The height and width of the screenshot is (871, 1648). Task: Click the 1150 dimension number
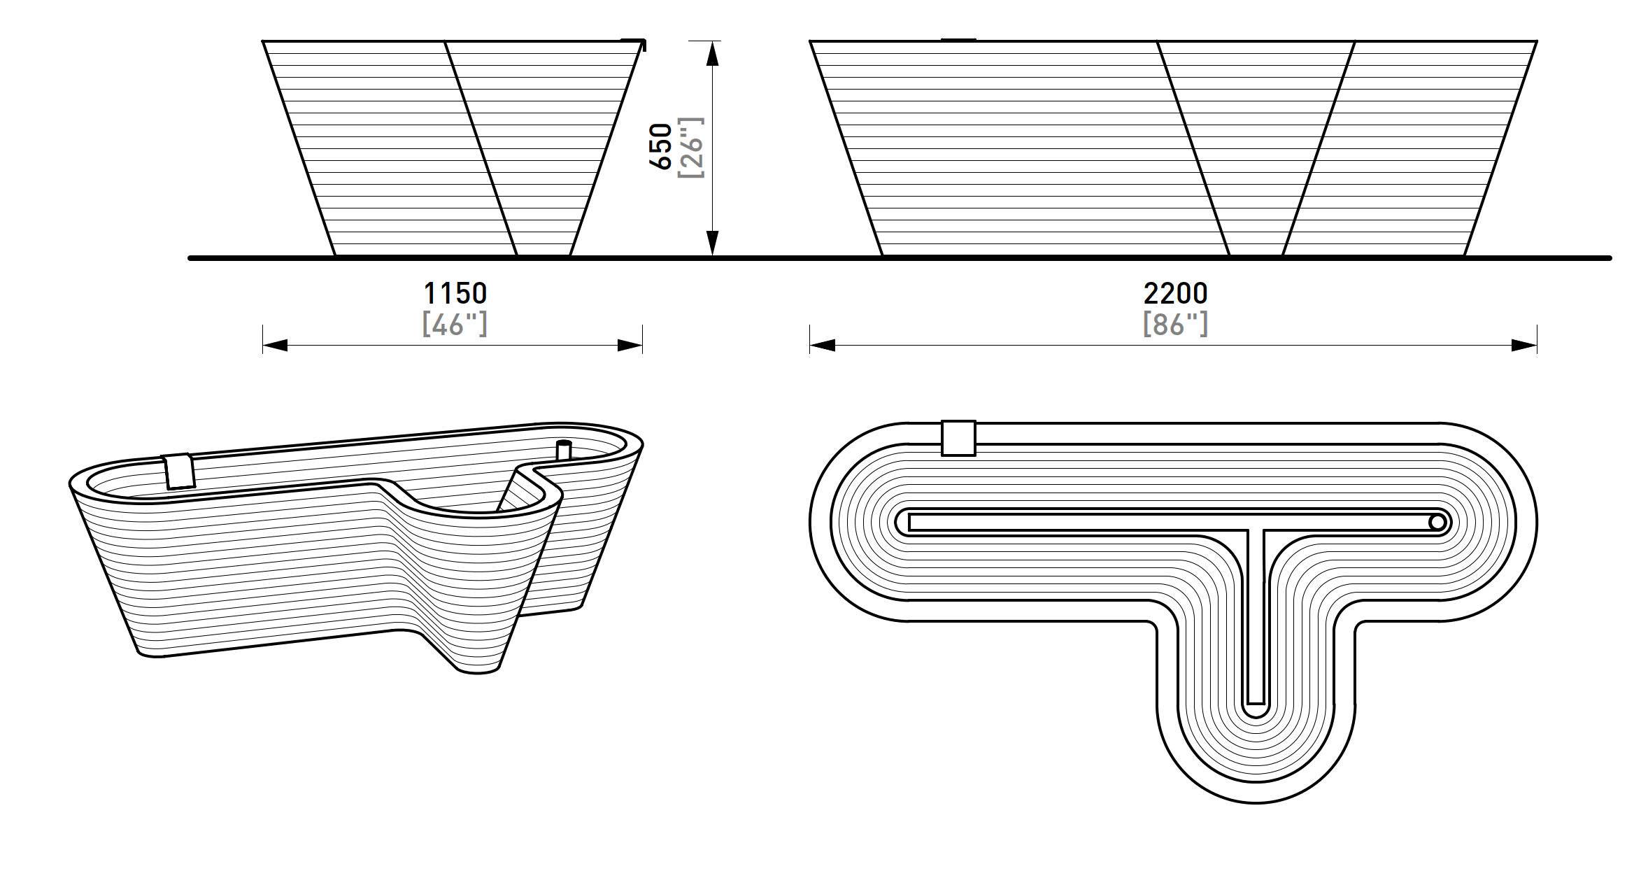pyautogui.click(x=455, y=292)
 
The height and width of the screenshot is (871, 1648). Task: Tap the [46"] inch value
pyautogui.click(x=455, y=324)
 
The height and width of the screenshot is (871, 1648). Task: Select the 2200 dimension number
pyautogui.click(x=1175, y=292)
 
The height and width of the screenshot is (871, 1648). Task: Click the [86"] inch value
pyautogui.click(x=1175, y=324)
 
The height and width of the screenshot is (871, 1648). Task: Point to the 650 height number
pyautogui.click(x=661, y=146)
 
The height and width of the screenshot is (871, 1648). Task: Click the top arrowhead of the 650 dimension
pyautogui.click(x=712, y=53)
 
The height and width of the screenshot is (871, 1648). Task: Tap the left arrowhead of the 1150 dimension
pyautogui.click(x=275, y=345)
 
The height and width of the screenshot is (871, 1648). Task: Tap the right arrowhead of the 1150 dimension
pyautogui.click(x=630, y=345)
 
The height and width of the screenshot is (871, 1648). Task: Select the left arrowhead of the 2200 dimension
pyautogui.click(x=823, y=345)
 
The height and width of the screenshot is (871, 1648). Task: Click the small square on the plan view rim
pyautogui.click(x=958, y=438)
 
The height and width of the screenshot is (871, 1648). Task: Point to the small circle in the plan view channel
pyautogui.click(x=1436, y=522)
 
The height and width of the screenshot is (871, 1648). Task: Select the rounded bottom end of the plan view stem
pyautogui.click(x=1256, y=708)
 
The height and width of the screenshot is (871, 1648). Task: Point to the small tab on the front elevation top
pyautogui.click(x=958, y=40)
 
